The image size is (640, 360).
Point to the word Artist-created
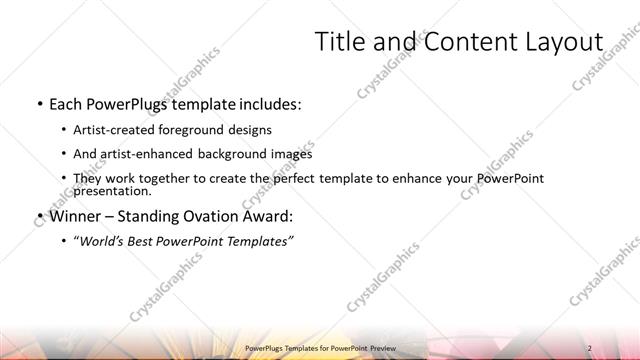pos(110,130)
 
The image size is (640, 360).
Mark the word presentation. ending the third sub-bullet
pos(112,190)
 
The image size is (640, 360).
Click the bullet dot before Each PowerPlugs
pos(38,104)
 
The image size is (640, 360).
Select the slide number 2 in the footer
pos(589,348)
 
